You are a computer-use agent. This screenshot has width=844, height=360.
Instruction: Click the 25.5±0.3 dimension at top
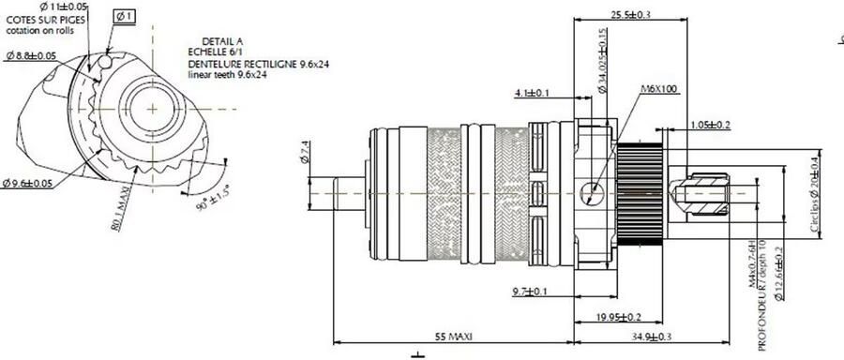[x=630, y=14]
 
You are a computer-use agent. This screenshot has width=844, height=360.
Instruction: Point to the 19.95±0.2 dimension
[x=621, y=317]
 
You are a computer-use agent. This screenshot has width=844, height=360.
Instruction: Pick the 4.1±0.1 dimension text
[x=533, y=93]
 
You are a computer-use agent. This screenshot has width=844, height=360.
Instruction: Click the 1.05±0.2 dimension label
[x=711, y=125]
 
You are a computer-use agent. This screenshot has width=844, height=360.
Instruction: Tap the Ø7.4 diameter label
[x=304, y=153]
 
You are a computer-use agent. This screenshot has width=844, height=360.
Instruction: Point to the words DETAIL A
[x=222, y=41]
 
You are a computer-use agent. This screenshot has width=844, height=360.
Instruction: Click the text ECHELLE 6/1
[x=216, y=52]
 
